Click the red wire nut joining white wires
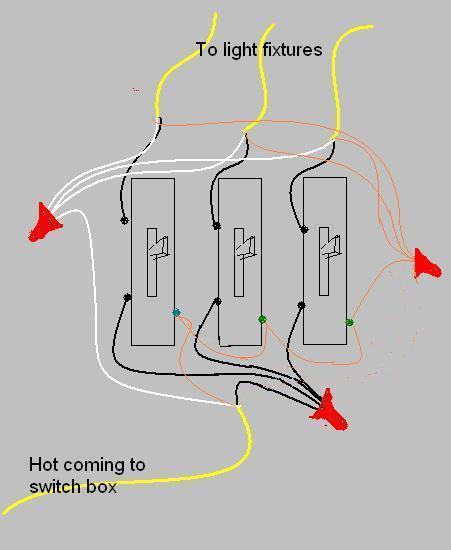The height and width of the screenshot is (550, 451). coord(45,223)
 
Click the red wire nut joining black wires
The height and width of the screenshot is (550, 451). coord(329,410)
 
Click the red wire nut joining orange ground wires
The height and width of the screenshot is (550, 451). coord(426,264)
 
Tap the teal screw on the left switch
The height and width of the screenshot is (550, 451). coord(176,312)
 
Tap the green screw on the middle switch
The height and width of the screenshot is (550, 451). coord(262,319)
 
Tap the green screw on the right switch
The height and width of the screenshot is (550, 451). coord(349,322)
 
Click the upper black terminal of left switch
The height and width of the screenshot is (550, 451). coord(124,221)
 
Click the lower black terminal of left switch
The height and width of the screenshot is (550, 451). coord(128,297)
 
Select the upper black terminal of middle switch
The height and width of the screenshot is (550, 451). coord(217,226)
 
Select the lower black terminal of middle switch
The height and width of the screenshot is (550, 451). coord(217,301)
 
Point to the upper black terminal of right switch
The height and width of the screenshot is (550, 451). coord(304,230)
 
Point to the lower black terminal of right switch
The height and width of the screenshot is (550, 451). coord(301,305)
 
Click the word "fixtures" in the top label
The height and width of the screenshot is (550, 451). coord(292,49)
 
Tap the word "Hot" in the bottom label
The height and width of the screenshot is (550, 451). coord(44,465)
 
